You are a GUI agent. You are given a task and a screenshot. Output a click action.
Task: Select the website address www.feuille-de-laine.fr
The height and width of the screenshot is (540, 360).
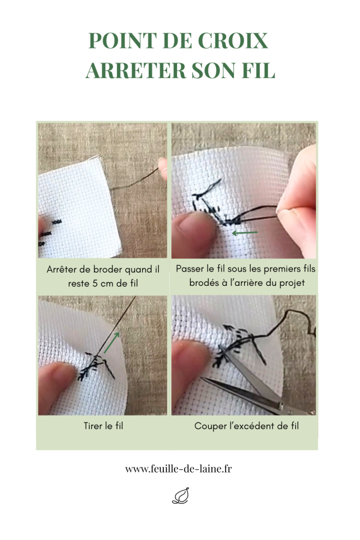(178, 469)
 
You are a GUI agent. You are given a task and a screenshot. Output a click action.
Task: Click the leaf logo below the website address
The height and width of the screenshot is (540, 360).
(181, 496)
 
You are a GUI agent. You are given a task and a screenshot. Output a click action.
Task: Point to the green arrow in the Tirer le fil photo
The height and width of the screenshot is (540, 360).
(112, 342)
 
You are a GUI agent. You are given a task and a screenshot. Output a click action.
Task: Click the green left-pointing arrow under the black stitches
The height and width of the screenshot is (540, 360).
(245, 233)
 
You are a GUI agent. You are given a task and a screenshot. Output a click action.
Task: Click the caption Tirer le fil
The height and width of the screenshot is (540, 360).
(103, 426)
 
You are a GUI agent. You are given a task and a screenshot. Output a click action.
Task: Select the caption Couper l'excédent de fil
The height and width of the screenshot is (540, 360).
(247, 426)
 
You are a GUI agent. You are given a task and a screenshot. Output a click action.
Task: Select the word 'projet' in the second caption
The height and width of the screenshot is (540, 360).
(292, 283)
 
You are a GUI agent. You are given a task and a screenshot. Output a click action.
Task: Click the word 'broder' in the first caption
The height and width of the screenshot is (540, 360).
(108, 269)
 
